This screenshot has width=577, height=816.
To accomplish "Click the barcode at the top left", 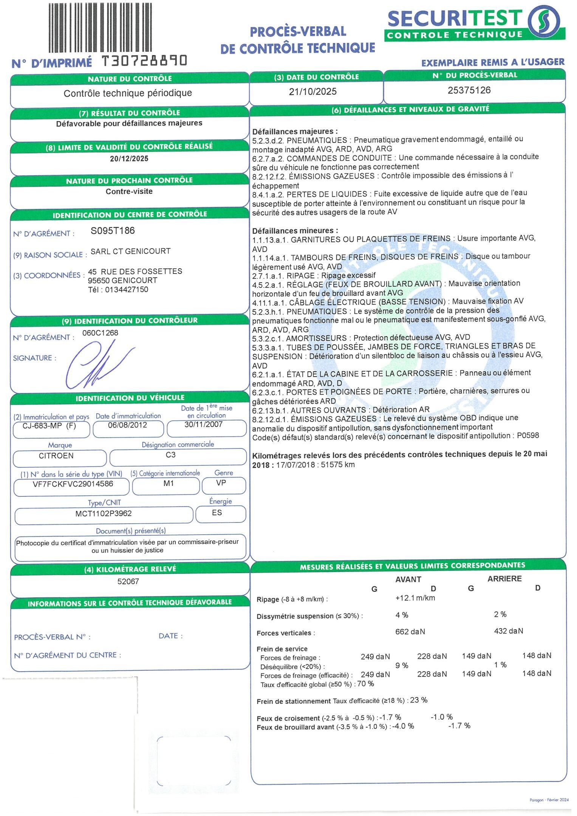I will click(100, 27).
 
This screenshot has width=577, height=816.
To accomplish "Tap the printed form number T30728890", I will click(145, 60).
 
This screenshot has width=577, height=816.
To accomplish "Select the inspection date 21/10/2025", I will click(312, 91).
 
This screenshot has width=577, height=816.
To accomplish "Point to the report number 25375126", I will click(469, 90).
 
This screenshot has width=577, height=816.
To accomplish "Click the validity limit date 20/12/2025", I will click(129, 159).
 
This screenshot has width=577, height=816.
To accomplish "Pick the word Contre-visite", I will click(129, 192).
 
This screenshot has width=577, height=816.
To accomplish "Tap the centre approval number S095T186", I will click(113, 231).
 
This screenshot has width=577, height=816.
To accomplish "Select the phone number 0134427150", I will click(127, 290).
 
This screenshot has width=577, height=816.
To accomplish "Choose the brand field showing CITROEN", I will click(56, 456).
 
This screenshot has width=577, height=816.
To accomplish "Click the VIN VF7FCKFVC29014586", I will click(73, 484).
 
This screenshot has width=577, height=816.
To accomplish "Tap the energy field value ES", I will click(217, 513).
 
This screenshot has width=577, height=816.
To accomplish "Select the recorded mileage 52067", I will click(128, 581).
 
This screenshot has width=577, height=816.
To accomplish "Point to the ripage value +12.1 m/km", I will click(415, 598).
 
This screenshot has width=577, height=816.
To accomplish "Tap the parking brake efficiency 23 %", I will click(419, 700).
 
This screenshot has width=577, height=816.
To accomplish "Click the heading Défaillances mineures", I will click(295, 230).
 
